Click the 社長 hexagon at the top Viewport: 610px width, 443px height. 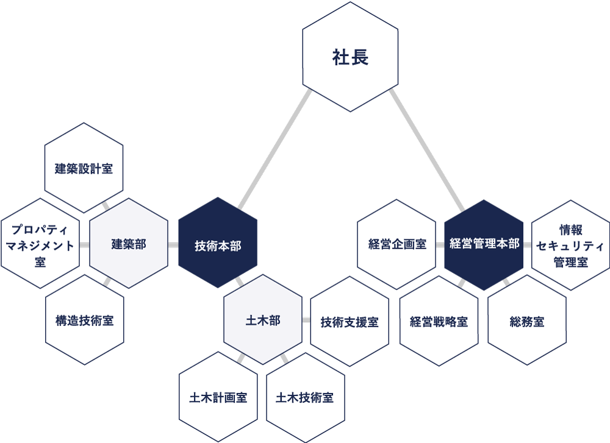point(350,57)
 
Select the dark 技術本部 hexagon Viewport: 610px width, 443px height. point(218,246)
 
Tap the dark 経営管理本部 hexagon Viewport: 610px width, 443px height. point(484,244)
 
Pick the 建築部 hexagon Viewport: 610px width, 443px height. point(129,244)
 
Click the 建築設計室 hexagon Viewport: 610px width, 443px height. point(84,169)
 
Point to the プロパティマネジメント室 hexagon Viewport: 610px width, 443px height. point(41,244)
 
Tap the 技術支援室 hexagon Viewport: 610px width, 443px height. point(350,322)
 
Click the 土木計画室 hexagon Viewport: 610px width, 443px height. point(218,397)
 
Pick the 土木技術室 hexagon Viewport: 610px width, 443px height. point(305,397)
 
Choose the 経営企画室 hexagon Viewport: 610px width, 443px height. point(396,244)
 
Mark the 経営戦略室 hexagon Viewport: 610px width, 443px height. point(439,321)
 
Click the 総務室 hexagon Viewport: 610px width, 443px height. point(527,321)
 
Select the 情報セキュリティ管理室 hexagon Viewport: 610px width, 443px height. point(571,246)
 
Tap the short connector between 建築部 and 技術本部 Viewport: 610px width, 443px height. point(173,246)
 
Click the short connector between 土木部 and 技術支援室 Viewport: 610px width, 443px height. point(306,320)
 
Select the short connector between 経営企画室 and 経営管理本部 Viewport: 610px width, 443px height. point(440,245)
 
